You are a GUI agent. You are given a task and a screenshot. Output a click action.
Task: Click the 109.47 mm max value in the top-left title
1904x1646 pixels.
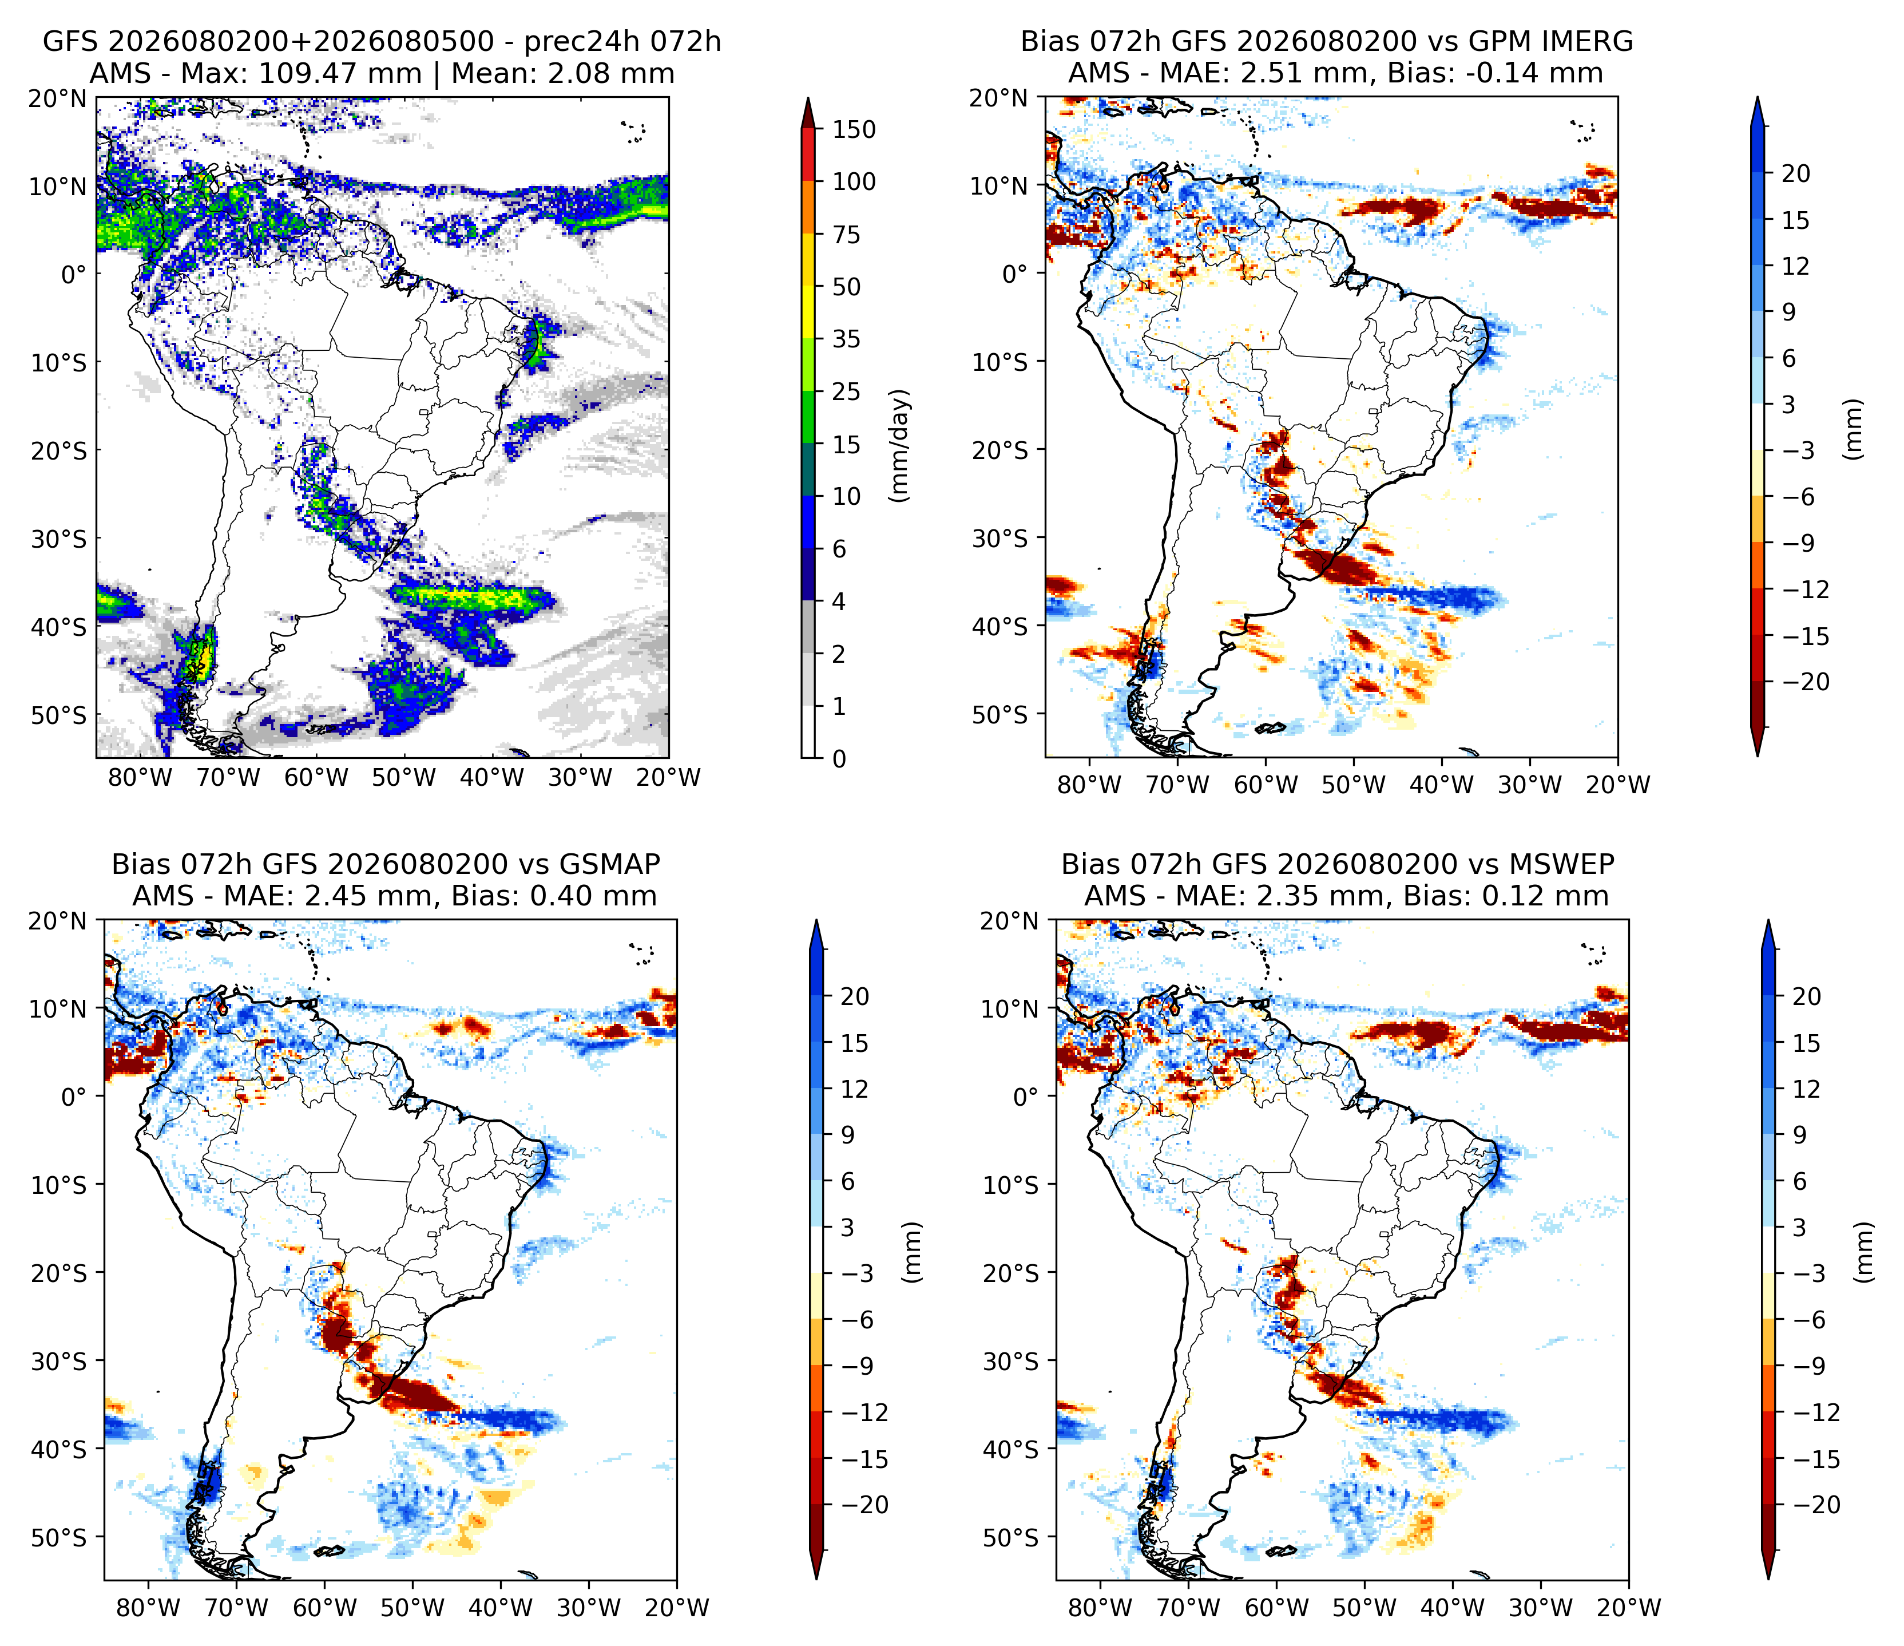[x=339, y=73]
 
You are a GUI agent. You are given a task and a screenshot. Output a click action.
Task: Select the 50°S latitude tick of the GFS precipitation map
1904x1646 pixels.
[x=59, y=715]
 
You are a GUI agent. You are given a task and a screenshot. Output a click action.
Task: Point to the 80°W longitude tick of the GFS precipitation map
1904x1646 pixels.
[x=140, y=778]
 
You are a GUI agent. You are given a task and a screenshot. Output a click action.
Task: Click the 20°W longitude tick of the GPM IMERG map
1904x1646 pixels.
[x=1617, y=785]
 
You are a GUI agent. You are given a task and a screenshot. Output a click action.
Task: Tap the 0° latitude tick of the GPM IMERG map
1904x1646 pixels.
[x=1014, y=274]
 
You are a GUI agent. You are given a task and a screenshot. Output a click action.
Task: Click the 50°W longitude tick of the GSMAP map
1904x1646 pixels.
[x=412, y=1608]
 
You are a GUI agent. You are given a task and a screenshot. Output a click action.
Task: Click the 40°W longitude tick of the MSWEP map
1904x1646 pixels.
[x=1452, y=1608]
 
